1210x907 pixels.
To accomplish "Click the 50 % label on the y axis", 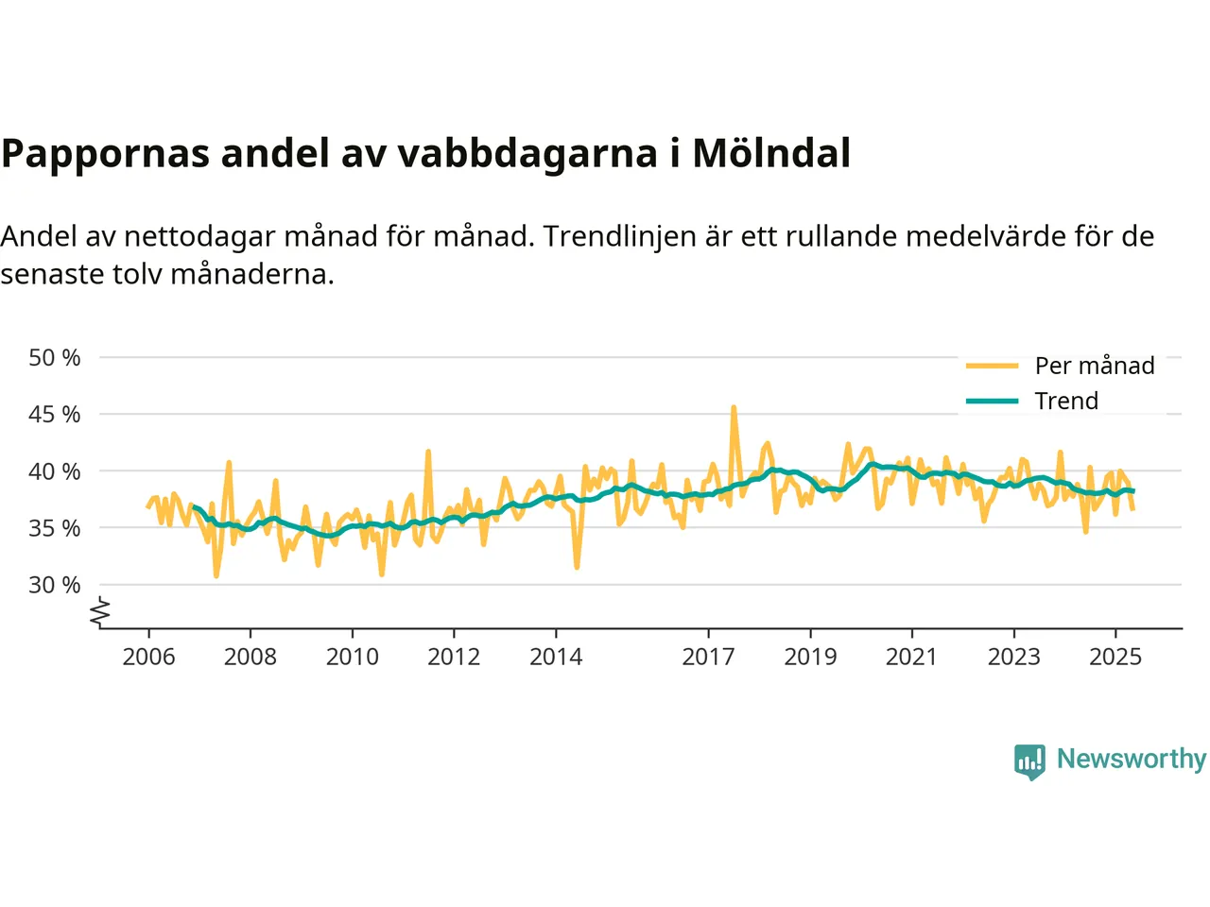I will click(x=54, y=358).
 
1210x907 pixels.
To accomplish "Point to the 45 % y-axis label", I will click(x=54, y=415).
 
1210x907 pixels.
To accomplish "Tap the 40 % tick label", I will click(x=54, y=471).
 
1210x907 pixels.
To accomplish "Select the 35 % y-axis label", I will click(x=54, y=528).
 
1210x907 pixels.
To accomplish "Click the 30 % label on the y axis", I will click(x=54, y=585).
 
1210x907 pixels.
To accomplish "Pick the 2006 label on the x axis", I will click(x=148, y=657).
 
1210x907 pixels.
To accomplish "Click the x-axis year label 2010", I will click(x=352, y=657).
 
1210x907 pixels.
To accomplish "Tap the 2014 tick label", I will click(x=556, y=657).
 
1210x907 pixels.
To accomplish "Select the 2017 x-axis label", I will click(x=708, y=657).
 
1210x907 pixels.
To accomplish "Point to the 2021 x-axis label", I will click(x=911, y=657).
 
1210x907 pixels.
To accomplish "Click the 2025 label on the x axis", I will click(x=1115, y=657).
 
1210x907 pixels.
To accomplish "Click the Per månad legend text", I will click(x=1095, y=366).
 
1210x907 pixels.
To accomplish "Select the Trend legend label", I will click(x=1066, y=401).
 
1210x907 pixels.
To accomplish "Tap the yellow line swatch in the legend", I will click(x=992, y=366).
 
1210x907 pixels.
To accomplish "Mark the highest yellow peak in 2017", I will click(x=734, y=408).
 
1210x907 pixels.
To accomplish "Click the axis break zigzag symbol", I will click(x=100, y=613).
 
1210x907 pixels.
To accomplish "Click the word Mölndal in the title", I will click(x=771, y=153).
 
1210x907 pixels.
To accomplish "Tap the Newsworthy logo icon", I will click(x=1029, y=761).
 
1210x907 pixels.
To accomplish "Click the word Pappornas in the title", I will click(x=105, y=153).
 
